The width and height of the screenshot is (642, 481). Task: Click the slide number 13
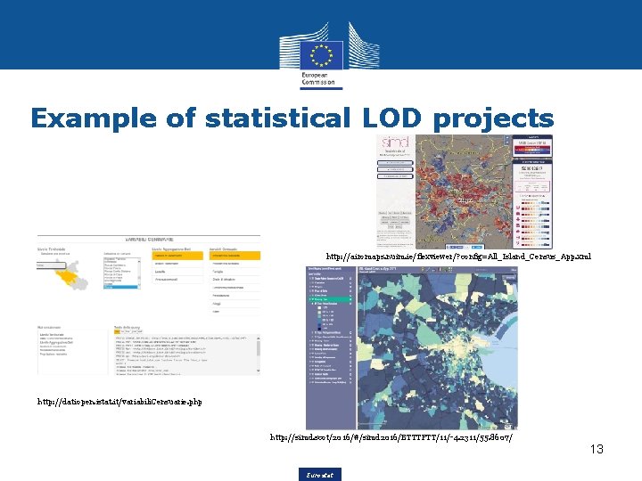[x=596, y=449]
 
